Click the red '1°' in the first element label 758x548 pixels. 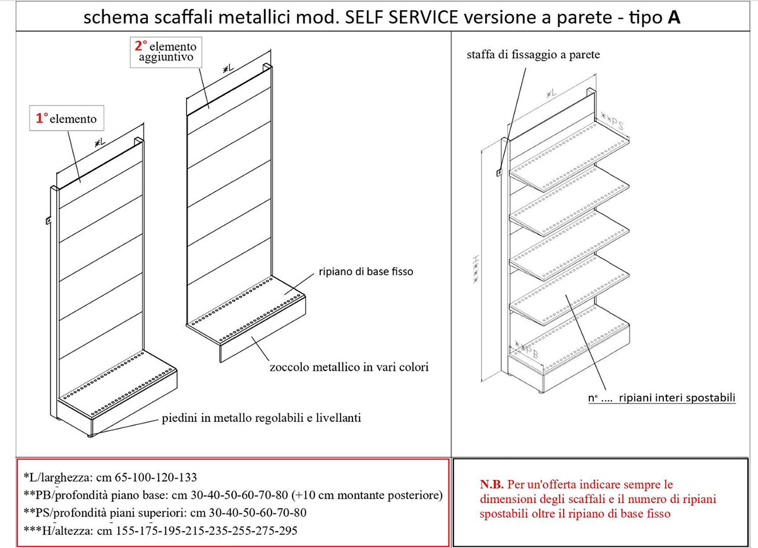[x=42, y=118]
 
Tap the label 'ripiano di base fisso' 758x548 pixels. [x=364, y=272]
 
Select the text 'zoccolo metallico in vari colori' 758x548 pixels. [x=348, y=366]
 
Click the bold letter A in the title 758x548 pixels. [x=673, y=19]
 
